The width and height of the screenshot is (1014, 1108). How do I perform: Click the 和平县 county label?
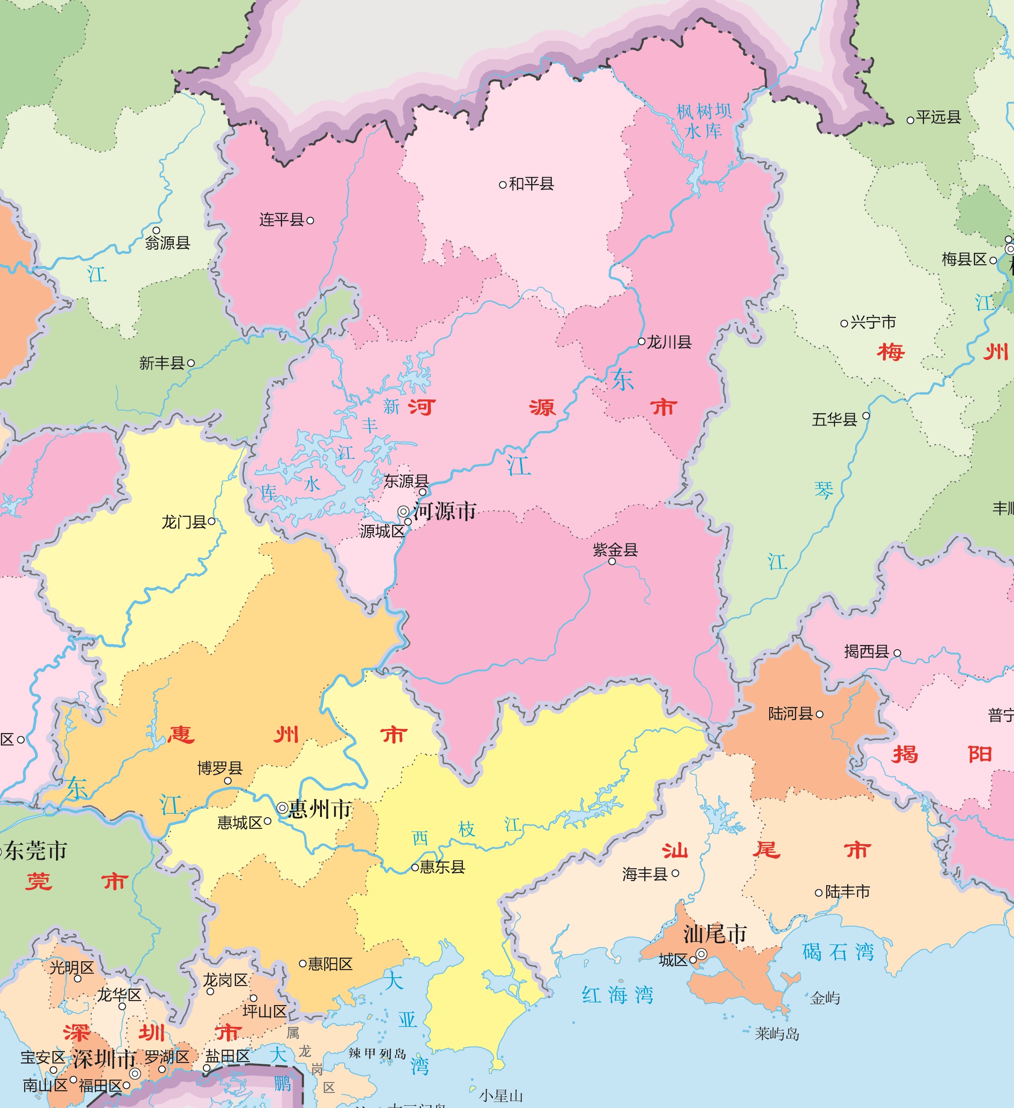(x=531, y=184)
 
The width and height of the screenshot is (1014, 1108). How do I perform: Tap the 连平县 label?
(x=282, y=220)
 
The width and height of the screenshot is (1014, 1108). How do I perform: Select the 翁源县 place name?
(x=168, y=242)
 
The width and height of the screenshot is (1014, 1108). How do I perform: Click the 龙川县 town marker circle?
(x=641, y=341)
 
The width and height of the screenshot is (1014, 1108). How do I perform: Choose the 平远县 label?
(x=938, y=117)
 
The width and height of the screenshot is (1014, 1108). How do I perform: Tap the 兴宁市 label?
(x=873, y=322)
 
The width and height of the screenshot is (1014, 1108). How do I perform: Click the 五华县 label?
(x=834, y=420)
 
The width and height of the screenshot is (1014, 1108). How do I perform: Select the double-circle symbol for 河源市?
(x=403, y=512)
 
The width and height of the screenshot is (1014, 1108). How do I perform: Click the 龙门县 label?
(x=184, y=522)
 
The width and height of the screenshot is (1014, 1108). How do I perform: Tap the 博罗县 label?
(x=220, y=768)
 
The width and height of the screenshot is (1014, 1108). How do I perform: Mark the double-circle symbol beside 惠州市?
(x=282, y=808)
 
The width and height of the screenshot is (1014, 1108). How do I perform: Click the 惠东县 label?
(x=442, y=867)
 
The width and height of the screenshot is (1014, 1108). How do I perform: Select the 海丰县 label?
(x=645, y=874)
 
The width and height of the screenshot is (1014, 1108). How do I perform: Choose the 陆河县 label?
(x=790, y=713)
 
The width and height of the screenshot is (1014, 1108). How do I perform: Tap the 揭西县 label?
(x=867, y=651)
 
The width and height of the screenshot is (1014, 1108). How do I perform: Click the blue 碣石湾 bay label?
(x=838, y=952)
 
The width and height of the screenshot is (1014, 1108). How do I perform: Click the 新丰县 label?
(x=162, y=363)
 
